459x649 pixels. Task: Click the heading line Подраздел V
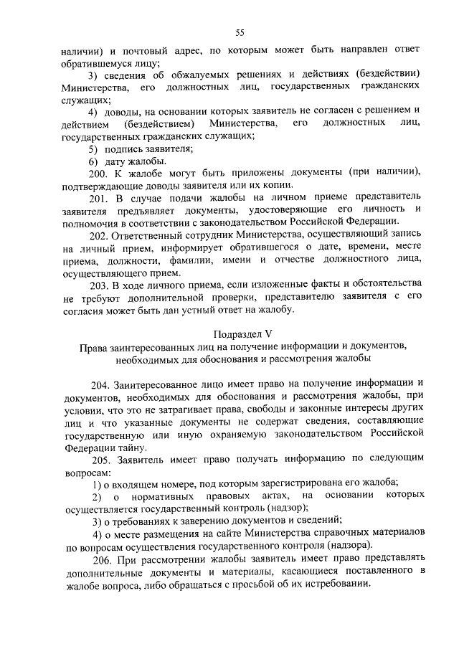pyautogui.click(x=243, y=333)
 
